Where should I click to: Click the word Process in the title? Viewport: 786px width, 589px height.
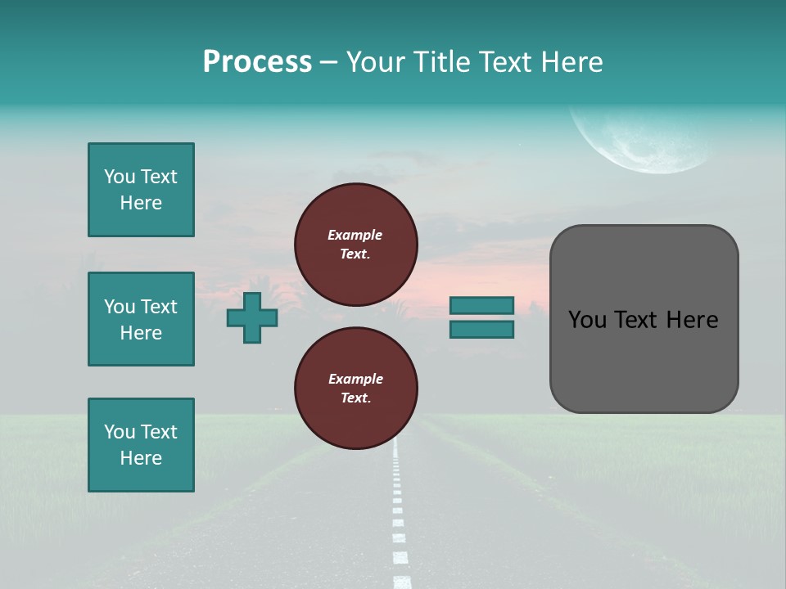click(257, 61)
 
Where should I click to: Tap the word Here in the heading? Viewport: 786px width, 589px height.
click(573, 62)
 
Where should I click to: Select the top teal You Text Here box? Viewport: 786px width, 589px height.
click(141, 190)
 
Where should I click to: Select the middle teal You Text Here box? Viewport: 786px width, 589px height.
click(141, 319)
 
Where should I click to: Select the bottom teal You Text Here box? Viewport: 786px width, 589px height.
click(141, 445)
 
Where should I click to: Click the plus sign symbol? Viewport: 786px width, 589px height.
click(252, 317)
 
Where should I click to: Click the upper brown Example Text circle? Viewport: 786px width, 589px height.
click(356, 244)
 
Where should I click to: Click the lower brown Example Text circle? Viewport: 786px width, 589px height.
click(356, 388)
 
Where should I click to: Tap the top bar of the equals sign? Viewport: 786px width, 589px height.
click(482, 305)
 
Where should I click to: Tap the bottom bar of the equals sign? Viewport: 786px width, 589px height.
click(482, 330)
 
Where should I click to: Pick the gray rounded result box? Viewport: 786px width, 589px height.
click(644, 360)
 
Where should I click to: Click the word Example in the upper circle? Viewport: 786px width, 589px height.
click(355, 235)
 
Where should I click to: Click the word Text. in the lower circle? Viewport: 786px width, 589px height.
click(355, 398)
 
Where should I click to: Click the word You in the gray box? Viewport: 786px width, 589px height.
click(586, 320)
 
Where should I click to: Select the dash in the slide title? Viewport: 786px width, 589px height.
click(329, 63)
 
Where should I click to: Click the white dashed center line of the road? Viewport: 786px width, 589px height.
click(399, 515)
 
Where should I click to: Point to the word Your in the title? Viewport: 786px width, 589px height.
click(376, 62)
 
